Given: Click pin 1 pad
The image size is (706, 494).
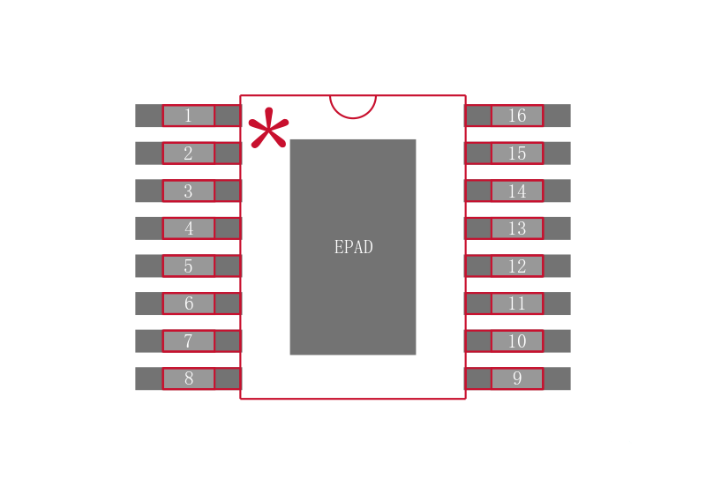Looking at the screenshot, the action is (188, 116).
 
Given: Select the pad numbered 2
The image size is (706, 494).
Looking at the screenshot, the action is (188, 153).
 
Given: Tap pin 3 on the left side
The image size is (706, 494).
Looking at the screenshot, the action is (188, 191).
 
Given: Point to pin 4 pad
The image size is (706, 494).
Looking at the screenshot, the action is (188, 228).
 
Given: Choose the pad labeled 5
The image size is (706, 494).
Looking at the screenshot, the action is (188, 266).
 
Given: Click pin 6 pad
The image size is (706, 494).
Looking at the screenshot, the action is (188, 303).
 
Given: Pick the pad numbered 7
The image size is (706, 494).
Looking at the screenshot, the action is (188, 341).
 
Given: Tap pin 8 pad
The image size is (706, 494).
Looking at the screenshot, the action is (188, 378).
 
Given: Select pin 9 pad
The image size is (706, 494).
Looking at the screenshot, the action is (517, 378).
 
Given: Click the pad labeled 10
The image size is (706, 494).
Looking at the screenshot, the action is (517, 341).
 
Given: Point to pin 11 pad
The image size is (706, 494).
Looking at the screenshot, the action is (517, 303).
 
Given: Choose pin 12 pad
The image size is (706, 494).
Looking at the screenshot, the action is (517, 266).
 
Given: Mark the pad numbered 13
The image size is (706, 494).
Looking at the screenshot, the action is (517, 228).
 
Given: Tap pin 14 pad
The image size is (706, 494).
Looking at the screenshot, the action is (517, 191).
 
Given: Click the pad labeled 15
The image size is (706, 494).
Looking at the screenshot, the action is (517, 153).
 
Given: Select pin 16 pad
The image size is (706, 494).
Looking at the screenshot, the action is (517, 116).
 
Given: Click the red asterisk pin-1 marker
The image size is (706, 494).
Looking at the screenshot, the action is (269, 129).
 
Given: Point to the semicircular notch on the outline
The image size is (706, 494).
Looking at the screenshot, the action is (353, 118).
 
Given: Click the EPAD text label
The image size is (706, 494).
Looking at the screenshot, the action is (354, 247).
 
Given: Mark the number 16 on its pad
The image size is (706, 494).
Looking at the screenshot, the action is (517, 116).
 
